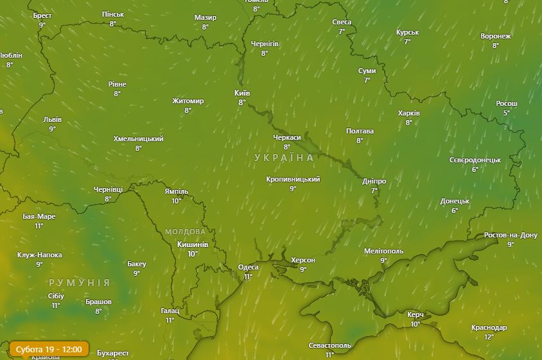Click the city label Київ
tap(242, 93)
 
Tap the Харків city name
tap(408, 114)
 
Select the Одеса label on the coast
tap(248, 268)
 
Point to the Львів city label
tap(52, 120)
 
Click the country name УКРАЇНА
tap(284, 158)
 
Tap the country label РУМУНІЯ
tap(79, 282)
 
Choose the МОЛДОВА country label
tap(186, 232)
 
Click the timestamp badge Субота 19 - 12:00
tap(49, 349)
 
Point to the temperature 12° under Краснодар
tap(489, 337)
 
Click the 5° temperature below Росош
tap(506, 113)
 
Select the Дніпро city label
tap(374, 182)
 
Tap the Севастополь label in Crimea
tap(329, 345)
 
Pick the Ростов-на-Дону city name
tap(511, 236)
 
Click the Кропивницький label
tap(293, 180)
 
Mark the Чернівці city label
tap(108, 190)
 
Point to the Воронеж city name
tap(495, 37)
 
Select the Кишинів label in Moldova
tap(193, 244)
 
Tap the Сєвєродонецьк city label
tap(475, 160)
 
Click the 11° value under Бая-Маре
tap(39, 226)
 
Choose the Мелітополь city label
tap(383, 251)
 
